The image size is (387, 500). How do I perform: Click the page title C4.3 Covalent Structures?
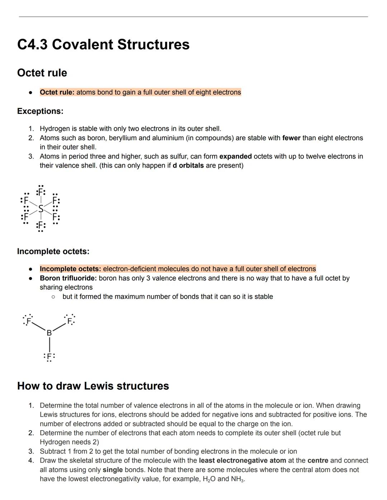coord(103,45)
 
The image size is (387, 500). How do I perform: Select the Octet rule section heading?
coord(42,73)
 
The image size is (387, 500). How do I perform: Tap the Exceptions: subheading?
coord(40,111)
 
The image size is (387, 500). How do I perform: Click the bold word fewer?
coord(291,138)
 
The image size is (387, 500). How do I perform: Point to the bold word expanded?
coord(235,156)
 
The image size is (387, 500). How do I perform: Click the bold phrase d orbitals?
coord(188,166)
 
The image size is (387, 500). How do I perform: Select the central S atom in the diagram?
coord(41,208)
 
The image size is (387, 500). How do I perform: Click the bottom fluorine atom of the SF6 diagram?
coord(41,225)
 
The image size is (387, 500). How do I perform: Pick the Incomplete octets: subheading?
coord(53,252)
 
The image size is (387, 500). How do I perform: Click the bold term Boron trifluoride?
coord(68,278)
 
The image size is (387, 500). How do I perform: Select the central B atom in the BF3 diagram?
coord(49,333)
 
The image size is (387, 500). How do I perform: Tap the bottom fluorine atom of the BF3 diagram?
coord(49,356)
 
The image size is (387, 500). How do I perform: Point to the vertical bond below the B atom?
coord(49,344)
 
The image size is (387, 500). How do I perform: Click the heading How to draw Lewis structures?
coord(93,386)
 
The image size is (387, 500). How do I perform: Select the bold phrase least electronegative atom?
coord(242,461)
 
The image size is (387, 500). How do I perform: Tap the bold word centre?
coord(317,461)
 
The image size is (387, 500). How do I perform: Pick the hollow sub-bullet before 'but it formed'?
coord(53,297)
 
